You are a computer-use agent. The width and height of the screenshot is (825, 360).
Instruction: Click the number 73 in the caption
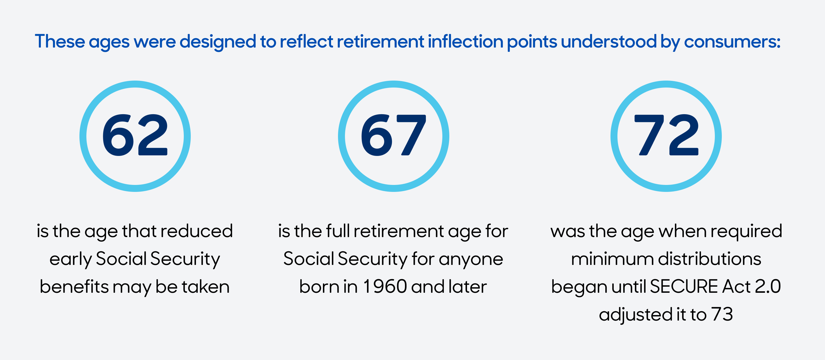click(x=722, y=314)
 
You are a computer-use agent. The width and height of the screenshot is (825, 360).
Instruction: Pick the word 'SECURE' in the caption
click(x=684, y=286)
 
